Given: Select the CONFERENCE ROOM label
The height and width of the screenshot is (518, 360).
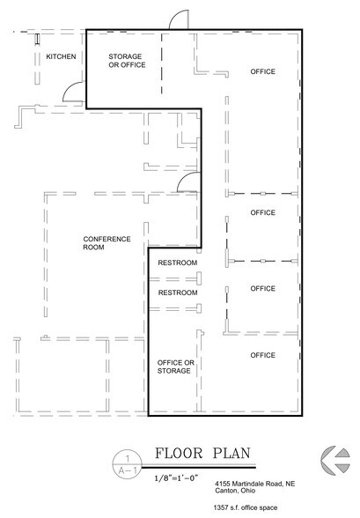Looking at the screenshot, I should click(107, 239).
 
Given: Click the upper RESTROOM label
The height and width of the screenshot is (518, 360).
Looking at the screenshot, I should click(177, 263).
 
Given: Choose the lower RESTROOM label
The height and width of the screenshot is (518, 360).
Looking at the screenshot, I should click(177, 292).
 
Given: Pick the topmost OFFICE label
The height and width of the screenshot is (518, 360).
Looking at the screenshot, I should click(262, 70).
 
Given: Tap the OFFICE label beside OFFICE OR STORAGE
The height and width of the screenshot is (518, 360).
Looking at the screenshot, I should click(262, 355).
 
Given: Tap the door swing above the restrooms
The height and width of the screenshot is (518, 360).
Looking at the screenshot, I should click(187, 181).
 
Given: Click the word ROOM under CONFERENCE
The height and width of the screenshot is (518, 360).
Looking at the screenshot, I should click(94, 248).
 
